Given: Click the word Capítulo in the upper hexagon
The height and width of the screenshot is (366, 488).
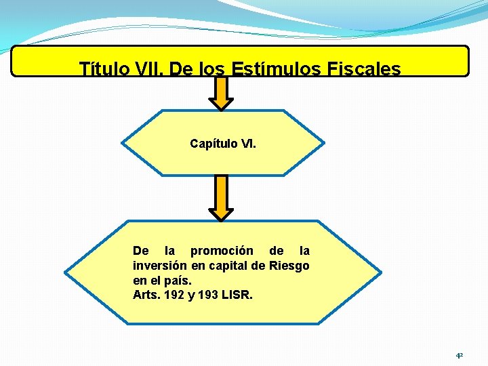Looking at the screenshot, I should coord(213,144).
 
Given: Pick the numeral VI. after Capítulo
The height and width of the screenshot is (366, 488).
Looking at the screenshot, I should coord(249,144).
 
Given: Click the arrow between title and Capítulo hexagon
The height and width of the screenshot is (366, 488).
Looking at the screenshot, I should coord(221,94).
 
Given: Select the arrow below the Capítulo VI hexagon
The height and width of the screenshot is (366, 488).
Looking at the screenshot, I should coord(221,198).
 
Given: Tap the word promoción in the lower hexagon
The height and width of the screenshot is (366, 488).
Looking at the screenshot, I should coord(222,251).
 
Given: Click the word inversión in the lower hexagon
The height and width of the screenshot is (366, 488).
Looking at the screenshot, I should coord(160,266).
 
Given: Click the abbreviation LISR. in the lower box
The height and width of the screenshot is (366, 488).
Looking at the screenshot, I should coord(239,295).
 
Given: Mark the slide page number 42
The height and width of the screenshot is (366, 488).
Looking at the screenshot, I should coord(459,354).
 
